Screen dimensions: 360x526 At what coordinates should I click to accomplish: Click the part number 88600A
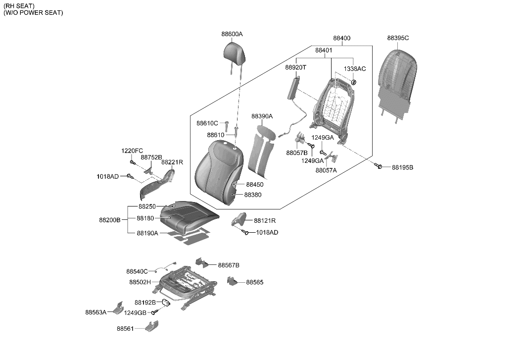point(232,34)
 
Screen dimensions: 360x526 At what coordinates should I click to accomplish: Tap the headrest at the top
point(235,51)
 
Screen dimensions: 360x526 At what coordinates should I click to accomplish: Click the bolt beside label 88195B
point(380,167)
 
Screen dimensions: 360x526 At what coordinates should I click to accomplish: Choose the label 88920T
point(295,67)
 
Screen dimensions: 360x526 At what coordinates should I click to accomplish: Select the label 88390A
point(262,116)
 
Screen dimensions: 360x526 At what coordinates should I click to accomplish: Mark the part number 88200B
point(109,219)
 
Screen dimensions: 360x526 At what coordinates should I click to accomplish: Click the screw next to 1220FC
point(133,162)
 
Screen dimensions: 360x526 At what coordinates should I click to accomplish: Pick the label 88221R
point(172,162)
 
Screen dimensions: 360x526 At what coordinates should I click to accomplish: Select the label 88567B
point(228,265)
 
